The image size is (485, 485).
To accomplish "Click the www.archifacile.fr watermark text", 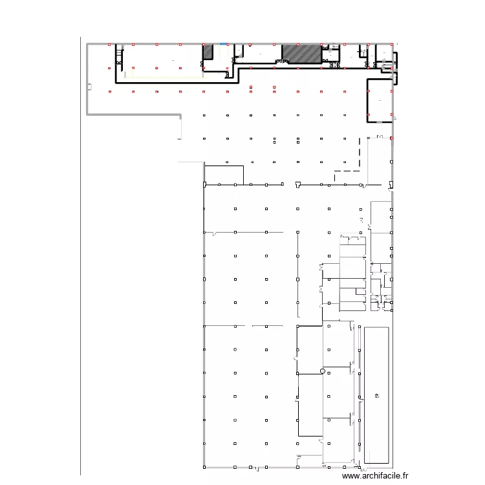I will tap(376, 475).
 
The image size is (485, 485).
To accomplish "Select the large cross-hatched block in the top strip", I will tap(301, 54).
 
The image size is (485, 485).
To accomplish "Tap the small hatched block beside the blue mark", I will tap(208, 52).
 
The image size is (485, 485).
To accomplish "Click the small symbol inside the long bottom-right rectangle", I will tap(376, 395).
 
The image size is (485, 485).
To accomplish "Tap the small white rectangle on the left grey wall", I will tap(91, 86).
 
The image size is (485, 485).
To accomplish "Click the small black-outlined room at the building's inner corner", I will tap(224, 175).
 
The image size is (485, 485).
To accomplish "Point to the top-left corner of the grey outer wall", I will tap(88, 44).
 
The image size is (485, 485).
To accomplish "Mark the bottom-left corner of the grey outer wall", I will tap(88, 115).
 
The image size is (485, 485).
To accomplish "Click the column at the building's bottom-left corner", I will tap(204, 466).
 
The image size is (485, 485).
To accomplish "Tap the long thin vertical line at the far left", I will tap(81, 259).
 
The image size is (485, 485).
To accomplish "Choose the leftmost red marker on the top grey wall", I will tap(109, 45).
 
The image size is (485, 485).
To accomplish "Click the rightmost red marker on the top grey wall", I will tap(392, 45).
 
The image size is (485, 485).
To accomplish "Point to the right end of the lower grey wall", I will tap(180, 115).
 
